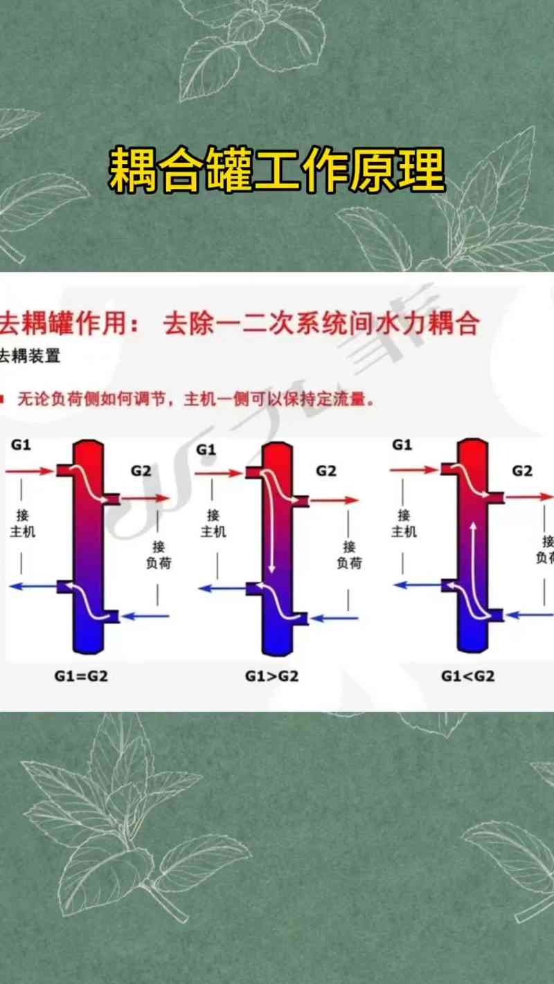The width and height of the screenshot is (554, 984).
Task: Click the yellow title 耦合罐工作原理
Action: tap(276, 170)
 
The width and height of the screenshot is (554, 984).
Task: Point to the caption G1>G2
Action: tap(272, 676)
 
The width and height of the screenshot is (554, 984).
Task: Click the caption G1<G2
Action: tap(468, 676)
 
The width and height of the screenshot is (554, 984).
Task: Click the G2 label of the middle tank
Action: tap(325, 471)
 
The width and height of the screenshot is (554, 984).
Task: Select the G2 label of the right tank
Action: tap(522, 471)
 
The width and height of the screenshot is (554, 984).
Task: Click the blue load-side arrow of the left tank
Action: tap(145, 615)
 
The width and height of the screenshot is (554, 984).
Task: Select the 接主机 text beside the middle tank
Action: tap(214, 523)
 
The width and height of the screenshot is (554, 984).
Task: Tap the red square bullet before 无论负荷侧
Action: tap(3, 399)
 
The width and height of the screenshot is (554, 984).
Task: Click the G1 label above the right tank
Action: tap(402, 444)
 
